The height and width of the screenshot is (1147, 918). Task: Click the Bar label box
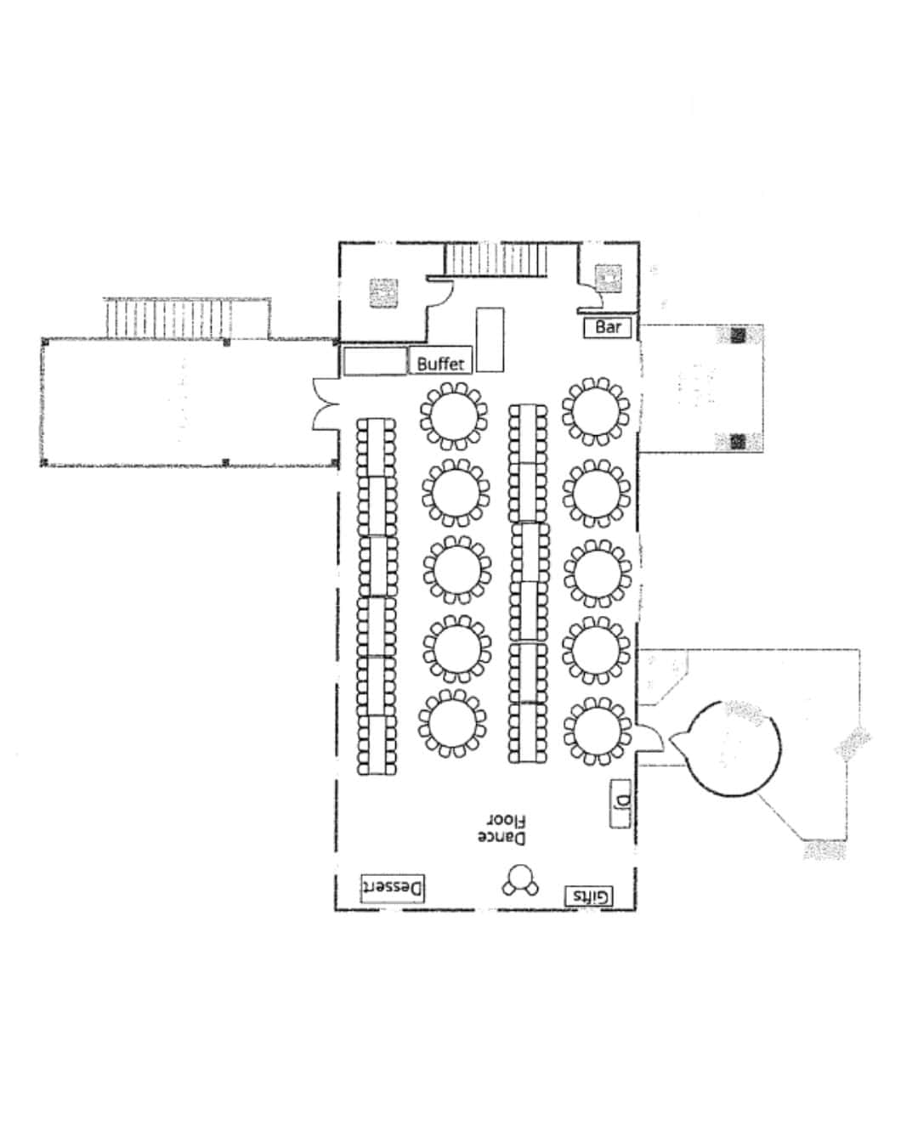tap(607, 327)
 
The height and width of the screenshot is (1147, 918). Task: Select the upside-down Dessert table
tap(393, 888)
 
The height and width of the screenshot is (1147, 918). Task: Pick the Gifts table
tap(588, 896)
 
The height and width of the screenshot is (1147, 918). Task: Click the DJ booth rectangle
tap(620, 804)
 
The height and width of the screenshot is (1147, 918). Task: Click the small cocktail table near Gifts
tap(520, 880)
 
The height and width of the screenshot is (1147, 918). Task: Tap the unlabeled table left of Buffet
tap(375, 361)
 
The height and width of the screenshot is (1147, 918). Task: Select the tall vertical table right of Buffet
tap(490, 340)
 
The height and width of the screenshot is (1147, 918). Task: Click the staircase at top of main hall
tap(496, 259)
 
